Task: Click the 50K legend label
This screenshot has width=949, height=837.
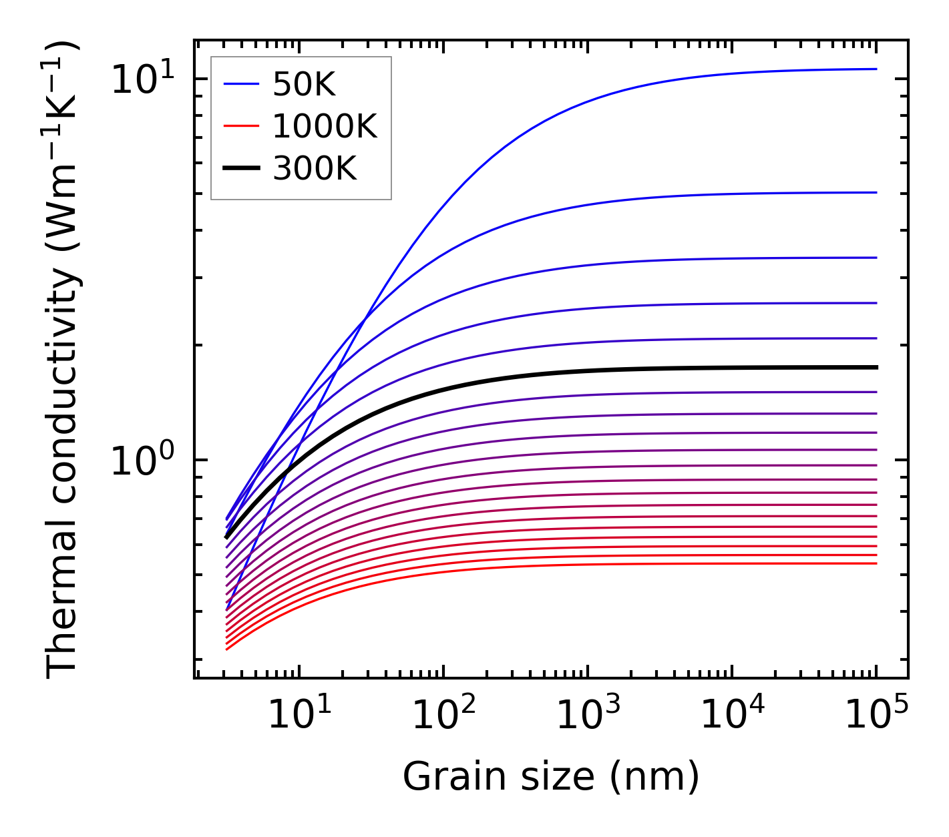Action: pyautogui.click(x=304, y=84)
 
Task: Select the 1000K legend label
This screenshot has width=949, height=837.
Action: pyautogui.click(x=325, y=126)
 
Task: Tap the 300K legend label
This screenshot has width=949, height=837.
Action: pyautogui.click(x=315, y=169)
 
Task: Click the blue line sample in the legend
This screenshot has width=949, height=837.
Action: pyautogui.click(x=240, y=84)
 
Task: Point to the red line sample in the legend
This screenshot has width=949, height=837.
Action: pyautogui.click(x=240, y=126)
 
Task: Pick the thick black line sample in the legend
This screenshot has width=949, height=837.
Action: pyautogui.click(x=240, y=169)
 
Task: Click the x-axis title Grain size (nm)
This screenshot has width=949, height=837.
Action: pyautogui.click(x=551, y=777)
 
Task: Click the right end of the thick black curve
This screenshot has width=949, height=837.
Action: pyautogui.click(x=876, y=367)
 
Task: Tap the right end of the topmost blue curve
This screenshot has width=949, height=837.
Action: pyautogui.click(x=876, y=69)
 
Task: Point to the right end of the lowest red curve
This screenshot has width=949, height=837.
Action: pyautogui.click(x=876, y=563)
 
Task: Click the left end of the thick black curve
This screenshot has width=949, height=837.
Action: pyautogui.click(x=226, y=537)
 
